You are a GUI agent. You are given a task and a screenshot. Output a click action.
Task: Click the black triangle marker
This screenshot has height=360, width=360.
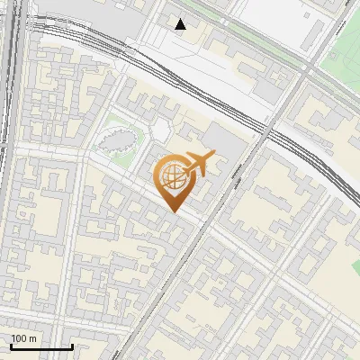pyautogui.click(x=181, y=24)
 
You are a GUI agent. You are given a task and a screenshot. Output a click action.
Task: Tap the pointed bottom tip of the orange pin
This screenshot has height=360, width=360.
pyautogui.click(x=172, y=211)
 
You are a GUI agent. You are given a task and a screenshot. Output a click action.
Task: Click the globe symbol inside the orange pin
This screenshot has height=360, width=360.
pyautogui.click(x=171, y=177)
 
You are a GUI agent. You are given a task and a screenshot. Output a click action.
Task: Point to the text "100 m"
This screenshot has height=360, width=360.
pyautogui.click(x=24, y=338)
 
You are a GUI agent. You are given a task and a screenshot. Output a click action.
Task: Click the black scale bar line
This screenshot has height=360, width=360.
pyautogui.click(x=41, y=346)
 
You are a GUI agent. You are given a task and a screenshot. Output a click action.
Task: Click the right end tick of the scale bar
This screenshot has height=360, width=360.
pyautogui.click(x=72, y=346)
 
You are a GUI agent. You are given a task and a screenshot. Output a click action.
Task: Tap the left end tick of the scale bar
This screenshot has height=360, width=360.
pyautogui.click(x=11, y=346)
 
